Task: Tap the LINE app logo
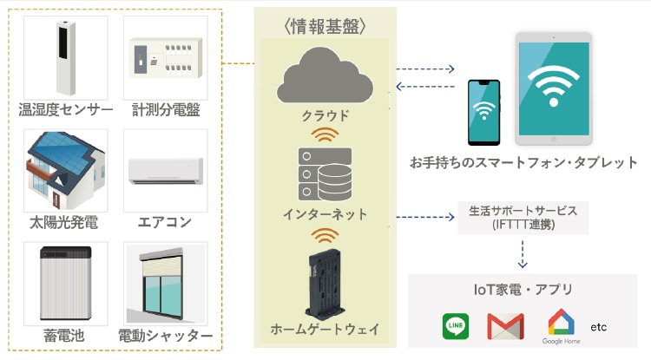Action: point(457,326)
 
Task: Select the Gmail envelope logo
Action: point(506,326)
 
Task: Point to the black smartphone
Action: point(483,112)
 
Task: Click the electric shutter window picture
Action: point(165,284)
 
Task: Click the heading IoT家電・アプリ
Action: point(523,290)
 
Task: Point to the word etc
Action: point(599,327)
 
